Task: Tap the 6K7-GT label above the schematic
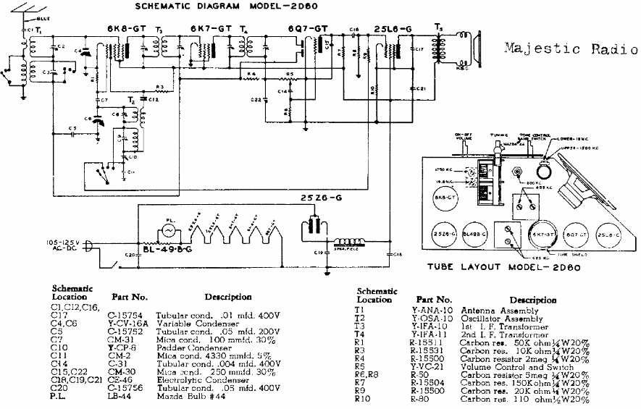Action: click(x=211, y=28)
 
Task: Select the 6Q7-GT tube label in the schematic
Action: click(x=308, y=28)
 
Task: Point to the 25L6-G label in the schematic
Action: click(x=393, y=28)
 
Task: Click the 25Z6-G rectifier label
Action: click(x=322, y=198)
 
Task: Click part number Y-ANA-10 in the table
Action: click(x=431, y=309)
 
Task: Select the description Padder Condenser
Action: click(x=200, y=346)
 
